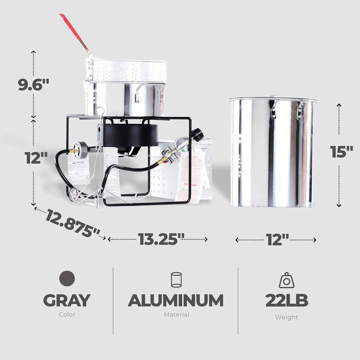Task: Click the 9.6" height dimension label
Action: pos(34,85)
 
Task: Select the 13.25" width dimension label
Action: pos(161,239)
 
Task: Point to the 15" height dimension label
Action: pos(342,152)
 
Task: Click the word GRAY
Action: pos(67,300)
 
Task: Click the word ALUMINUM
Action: pos(176,300)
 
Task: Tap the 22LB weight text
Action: pos(286,300)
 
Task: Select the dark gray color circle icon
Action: pos(67,278)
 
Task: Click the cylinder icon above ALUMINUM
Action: pos(176,280)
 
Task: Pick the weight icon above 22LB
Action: pos(286,280)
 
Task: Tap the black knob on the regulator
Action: pos(197,134)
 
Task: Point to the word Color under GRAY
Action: pos(67,314)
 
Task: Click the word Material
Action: pos(176,314)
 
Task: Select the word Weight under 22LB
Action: pos(286,317)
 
